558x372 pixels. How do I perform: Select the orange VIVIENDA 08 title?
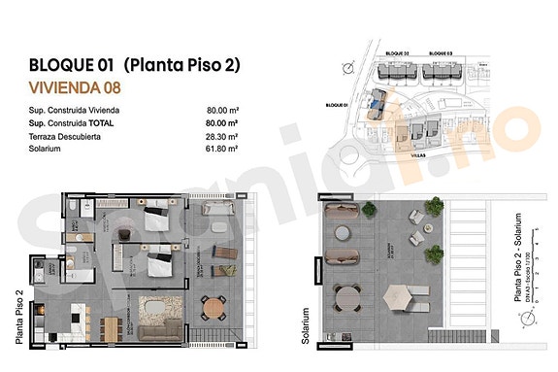(75, 88)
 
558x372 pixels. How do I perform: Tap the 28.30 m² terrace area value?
(222, 137)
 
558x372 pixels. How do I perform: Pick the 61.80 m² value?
(222, 150)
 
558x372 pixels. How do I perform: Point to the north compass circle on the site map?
(347, 67)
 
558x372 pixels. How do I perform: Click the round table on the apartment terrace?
(213, 307)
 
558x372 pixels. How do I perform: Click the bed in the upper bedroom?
(156, 220)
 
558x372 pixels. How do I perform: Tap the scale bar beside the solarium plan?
(536, 275)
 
